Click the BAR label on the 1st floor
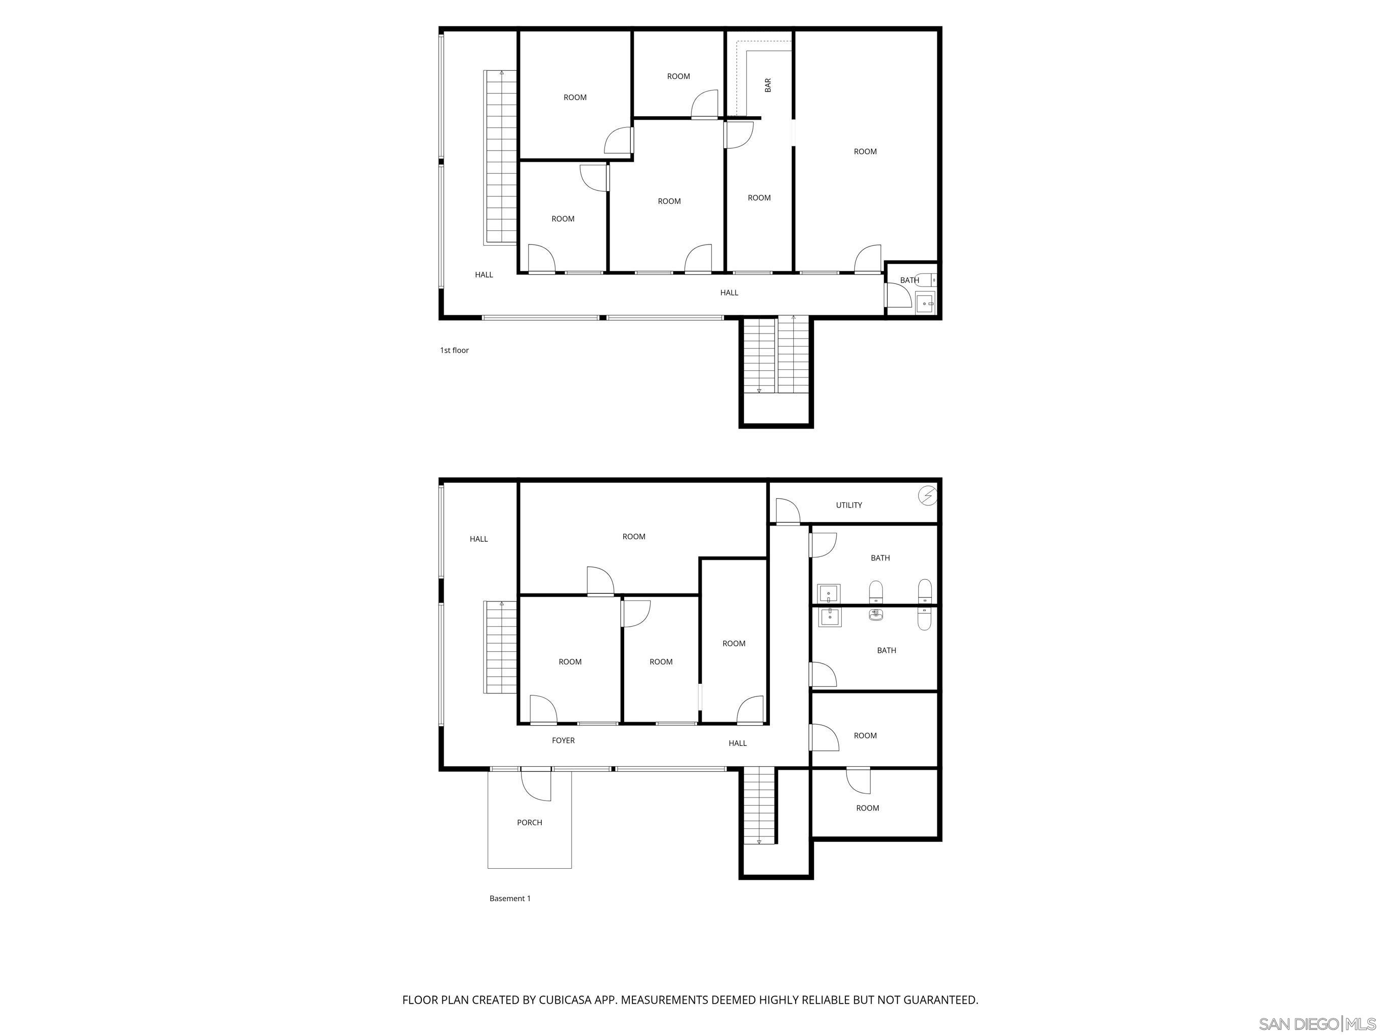(768, 85)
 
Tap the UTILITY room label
(848, 505)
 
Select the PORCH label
(530, 822)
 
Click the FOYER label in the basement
(563, 740)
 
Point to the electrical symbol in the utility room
(928, 496)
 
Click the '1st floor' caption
(454, 351)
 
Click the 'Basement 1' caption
(509, 899)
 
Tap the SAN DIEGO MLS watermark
(1316, 1024)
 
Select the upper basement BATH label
(880, 558)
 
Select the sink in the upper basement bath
(829, 593)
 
